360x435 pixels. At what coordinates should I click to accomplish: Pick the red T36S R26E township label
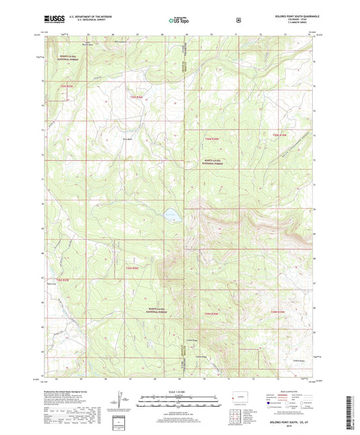132,268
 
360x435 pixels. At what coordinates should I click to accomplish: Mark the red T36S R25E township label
63,279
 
